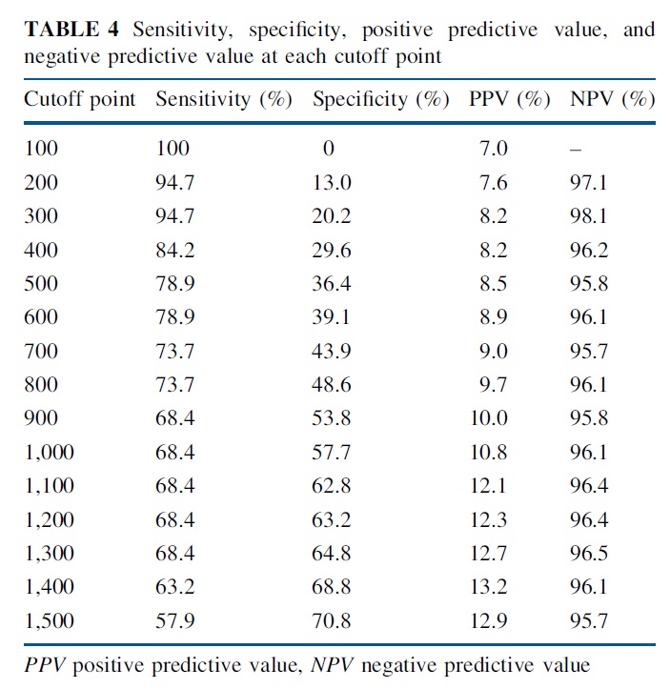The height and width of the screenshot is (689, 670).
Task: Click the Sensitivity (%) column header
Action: (x=224, y=99)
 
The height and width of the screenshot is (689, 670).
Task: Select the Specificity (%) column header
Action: (x=381, y=99)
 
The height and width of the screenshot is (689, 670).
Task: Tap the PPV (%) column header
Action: (x=510, y=99)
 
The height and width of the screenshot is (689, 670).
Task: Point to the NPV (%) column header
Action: (x=613, y=99)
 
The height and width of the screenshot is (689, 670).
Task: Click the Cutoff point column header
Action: (x=79, y=99)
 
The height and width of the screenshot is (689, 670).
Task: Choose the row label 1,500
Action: (x=50, y=620)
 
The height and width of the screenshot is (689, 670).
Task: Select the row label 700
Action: (x=41, y=351)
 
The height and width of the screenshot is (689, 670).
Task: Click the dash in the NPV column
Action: (x=576, y=151)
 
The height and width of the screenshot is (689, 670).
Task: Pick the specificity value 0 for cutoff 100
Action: (x=328, y=149)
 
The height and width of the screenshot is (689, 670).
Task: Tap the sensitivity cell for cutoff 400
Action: (x=174, y=250)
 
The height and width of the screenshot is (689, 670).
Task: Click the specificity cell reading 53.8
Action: (x=332, y=418)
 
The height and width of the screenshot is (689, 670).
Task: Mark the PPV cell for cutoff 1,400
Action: (x=489, y=587)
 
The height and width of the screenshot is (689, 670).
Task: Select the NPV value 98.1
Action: (x=589, y=216)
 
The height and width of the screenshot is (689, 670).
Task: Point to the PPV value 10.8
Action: (x=489, y=452)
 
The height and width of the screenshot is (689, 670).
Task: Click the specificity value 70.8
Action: (x=332, y=620)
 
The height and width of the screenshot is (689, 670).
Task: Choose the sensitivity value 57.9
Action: (x=174, y=620)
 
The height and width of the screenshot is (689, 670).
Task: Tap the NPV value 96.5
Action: (x=589, y=553)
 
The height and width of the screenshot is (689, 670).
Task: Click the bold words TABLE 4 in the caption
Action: (x=71, y=30)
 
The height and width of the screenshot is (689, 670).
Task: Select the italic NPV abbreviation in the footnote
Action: (x=332, y=665)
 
